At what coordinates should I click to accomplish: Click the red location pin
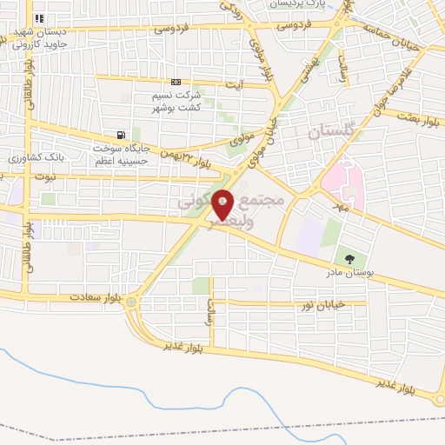[223, 203]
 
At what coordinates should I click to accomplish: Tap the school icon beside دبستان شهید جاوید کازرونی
[38, 18]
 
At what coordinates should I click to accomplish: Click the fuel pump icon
[120, 136]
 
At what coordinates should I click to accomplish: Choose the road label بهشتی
[310, 70]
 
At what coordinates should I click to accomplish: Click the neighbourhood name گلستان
[332, 132]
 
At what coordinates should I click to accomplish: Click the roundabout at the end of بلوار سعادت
[130, 302]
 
